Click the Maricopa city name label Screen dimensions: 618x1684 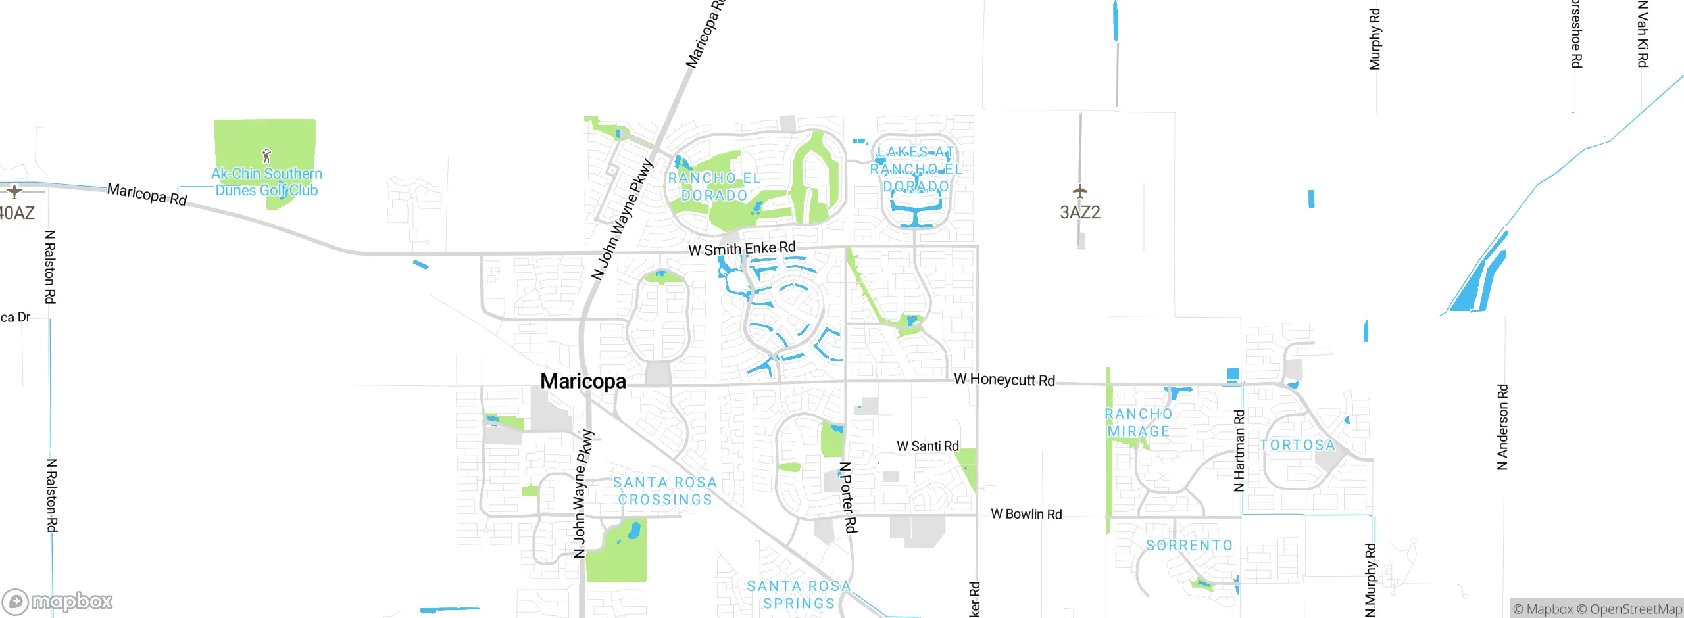pyautogui.click(x=583, y=381)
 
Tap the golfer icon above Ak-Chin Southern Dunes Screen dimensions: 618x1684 pyautogui.click(x=266, y=156)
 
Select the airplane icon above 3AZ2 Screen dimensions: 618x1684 pyautogui.click(x=1079, y=191)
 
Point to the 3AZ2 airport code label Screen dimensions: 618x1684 pyautogui.click(x=1079, y=212)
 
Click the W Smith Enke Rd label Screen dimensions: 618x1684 pyautogui.click(x=741, y=249)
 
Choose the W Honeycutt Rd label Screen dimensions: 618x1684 pyautogui.click(x=1004, y=379)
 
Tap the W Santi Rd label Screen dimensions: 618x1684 pyautogui.click(x=928, y=446)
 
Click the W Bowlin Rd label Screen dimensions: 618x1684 pyautogui.click(x=1026, y=514)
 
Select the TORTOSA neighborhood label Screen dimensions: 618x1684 pyautogui.click(x=1297, y=445)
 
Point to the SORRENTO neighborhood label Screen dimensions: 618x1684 pyautogui.click(x=1189, y=545)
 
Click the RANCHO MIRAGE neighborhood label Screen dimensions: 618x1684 pyautogui.click(x=1139, y=423)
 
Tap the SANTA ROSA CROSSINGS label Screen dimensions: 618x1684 pyautogui.click(x=665, y=491)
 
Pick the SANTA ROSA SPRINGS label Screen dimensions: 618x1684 pyautogui.click(x=799, y=594)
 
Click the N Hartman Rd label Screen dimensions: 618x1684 pyautogui.click(x=1239, y=451)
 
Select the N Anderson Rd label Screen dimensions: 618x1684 pyautogui.click(x=1502, y=427)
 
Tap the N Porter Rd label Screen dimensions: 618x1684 pyautogui.click(x=848, y=497)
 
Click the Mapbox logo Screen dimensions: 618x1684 pyautogui.click(x=57, y=602)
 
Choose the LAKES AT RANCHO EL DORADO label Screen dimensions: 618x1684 pyautogui.click(x=916, y=170)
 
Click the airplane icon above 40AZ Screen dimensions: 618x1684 pyautogui.click(x=14, y=191)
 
